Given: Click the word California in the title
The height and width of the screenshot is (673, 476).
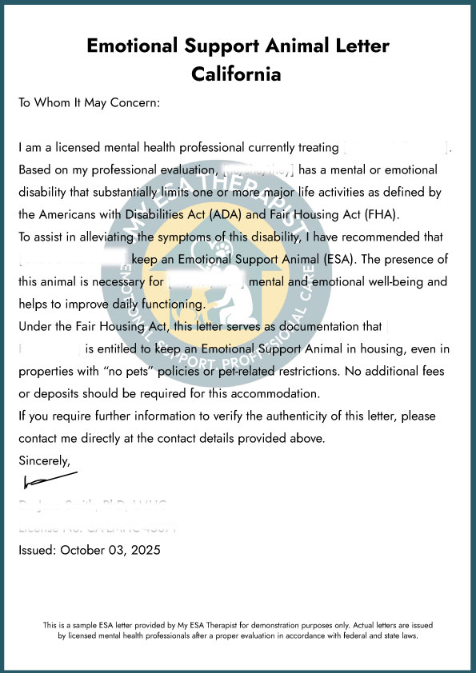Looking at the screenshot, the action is coord(237,74).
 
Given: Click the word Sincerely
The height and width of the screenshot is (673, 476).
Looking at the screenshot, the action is coord(44,460).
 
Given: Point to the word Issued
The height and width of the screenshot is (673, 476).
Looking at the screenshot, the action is coord(38,550).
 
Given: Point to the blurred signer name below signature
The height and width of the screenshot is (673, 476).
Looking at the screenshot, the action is coord(92,504).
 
